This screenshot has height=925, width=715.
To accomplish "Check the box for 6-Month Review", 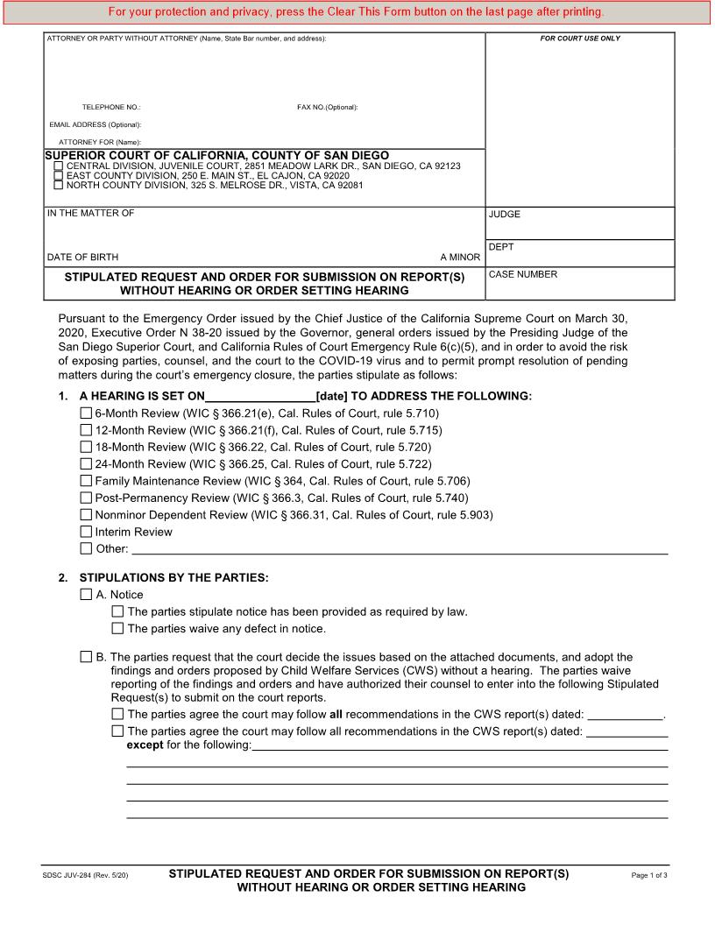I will [x=86, y=413].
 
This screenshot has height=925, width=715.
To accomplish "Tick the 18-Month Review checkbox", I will [x=86, y=447].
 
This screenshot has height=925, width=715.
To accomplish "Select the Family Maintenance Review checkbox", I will [x=86, y=481].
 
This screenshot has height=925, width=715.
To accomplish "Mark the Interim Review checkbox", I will [x=86, y=532].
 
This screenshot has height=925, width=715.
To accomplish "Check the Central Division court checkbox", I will [x=59, y=166].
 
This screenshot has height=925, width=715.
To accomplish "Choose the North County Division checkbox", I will [x=59, y=185].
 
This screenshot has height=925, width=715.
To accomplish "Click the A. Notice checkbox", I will [x=86, y=595].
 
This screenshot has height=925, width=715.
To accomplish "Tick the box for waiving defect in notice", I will [x=117, y=628].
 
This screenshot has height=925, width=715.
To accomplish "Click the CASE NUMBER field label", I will [x=523, y=274].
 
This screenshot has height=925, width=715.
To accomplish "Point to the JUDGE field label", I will [x=505, y=214].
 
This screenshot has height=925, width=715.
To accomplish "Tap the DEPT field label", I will [x=501, y=247].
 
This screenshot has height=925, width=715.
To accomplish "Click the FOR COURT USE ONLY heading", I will [x=580, y=39].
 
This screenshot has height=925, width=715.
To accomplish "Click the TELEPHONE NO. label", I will [x=111, y=107].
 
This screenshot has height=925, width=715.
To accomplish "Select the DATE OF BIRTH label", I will [x=82, y=258].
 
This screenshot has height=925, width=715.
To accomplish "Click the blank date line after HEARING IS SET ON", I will [x=260, y=395].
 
